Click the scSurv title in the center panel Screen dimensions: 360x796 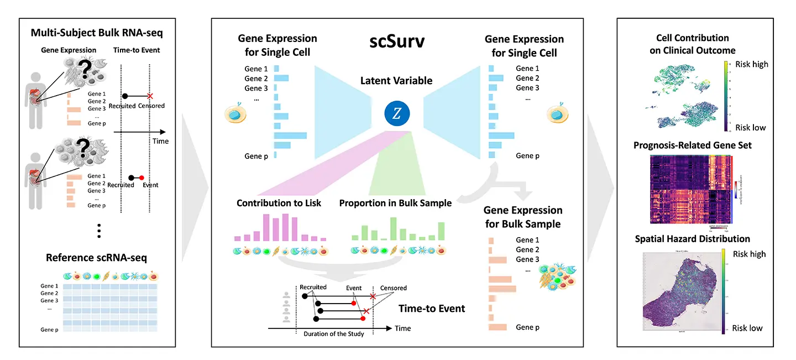coord(396,42)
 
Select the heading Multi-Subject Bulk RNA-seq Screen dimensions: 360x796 coord(97,33)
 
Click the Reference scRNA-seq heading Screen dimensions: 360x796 coord(97,258)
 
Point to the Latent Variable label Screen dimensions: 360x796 coord(396,81)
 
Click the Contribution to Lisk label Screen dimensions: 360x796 coord(279,203)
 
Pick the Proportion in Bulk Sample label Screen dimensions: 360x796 coord(395,203)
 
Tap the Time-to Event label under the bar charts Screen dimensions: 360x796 coord(432,308)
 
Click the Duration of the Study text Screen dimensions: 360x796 coord(334,334)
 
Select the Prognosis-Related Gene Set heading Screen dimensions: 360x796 coord(693,145)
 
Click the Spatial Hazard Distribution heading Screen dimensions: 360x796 coord(693,239)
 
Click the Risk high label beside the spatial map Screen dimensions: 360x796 coord(749,254)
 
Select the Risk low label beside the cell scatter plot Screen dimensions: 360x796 coord(750,128)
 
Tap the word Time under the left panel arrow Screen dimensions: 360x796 coord(160,141)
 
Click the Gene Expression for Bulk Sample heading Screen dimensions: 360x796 coord(523,217)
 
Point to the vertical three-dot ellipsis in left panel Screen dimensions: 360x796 coord(99,231)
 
